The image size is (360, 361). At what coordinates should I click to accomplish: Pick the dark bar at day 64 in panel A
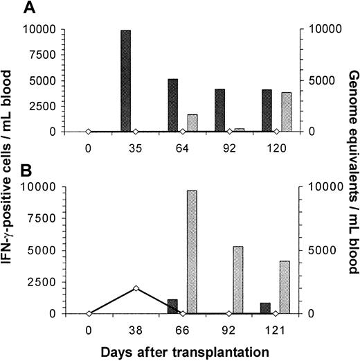(172, 105)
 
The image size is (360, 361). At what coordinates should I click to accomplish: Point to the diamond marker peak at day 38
(136, 288)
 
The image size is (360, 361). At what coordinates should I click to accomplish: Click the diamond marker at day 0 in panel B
(88, 313)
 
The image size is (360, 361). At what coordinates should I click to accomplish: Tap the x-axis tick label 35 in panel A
(135, 148)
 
